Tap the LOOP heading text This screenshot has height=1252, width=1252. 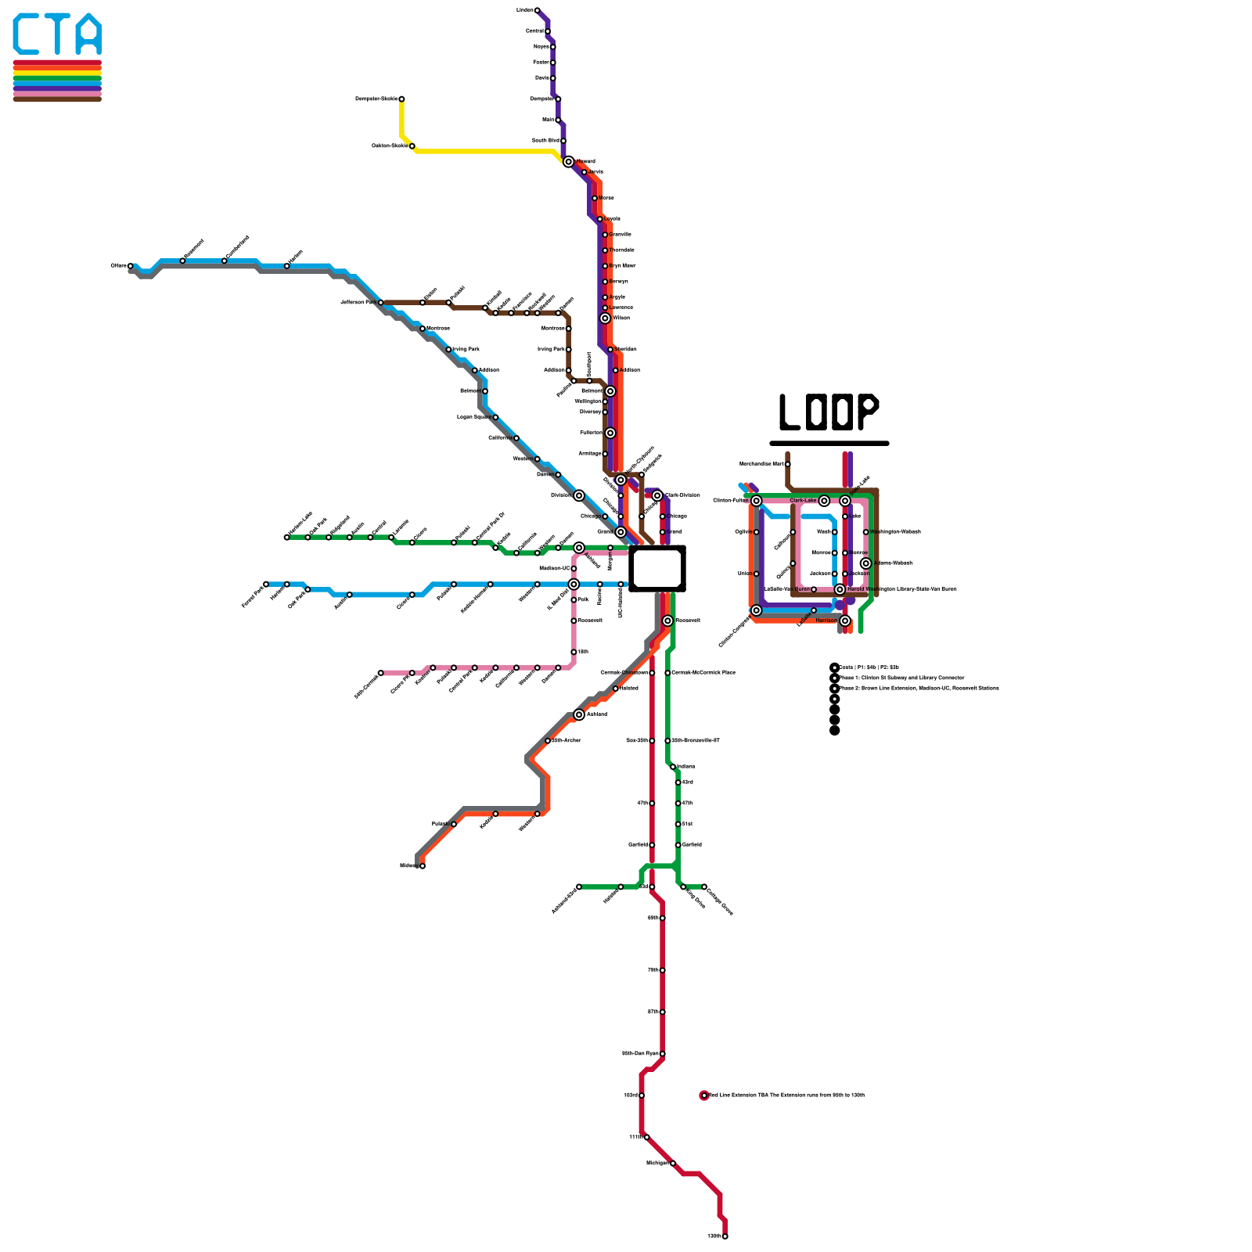pyautogui.click(x=829, y=412)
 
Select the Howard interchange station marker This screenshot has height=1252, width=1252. pyautogui.click(x=568, y=162)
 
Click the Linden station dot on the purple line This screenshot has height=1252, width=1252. pyautogui.click(x=537, y=10)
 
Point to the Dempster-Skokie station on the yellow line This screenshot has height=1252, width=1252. pyautogui.click(x=401, y=99)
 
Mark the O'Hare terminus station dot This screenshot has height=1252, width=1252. pyautogui.click(x=131, y=266)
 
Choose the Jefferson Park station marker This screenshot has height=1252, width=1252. pyautogui.click(x=381, y=302)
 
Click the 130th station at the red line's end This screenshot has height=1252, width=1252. pyautogui.click(x=725, y=1236)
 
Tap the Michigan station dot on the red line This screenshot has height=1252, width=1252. pyautogui.click(x=673, y=1164)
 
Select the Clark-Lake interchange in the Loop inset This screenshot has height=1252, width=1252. pyautogui.click(x=824, y=501)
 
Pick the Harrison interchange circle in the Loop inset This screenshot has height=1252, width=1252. pyautogui.click(x=845, y=621)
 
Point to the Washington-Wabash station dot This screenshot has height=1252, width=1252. pyautogui.click(x=865, y=532)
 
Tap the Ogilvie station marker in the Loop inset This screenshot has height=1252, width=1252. pyautogui.click(x=756, y=532)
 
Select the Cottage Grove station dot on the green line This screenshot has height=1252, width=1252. pyautogui.click(x=704, y=887)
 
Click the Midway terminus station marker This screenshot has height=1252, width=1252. pyautogui.click(x=423, y=865)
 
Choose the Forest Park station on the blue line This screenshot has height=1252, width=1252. pyautogui.click(x=266, y=584)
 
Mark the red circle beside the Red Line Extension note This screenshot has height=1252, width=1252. pyautogui.click(x=704, y=1095)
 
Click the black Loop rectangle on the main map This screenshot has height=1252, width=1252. pyautogui.click(x=657, y=568)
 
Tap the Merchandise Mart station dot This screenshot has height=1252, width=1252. pyautogui.click(x=787, y=464)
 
